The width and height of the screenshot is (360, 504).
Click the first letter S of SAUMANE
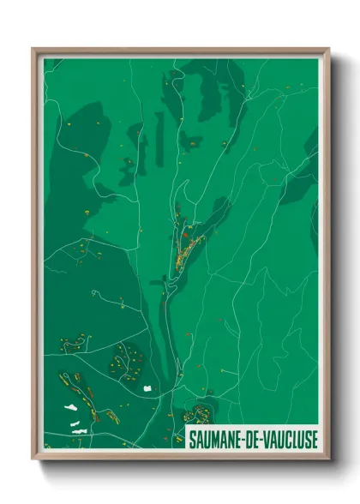[193, 438]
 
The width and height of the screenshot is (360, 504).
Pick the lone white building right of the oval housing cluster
[146, 389]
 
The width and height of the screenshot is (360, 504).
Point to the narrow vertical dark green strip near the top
[159, 137]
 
